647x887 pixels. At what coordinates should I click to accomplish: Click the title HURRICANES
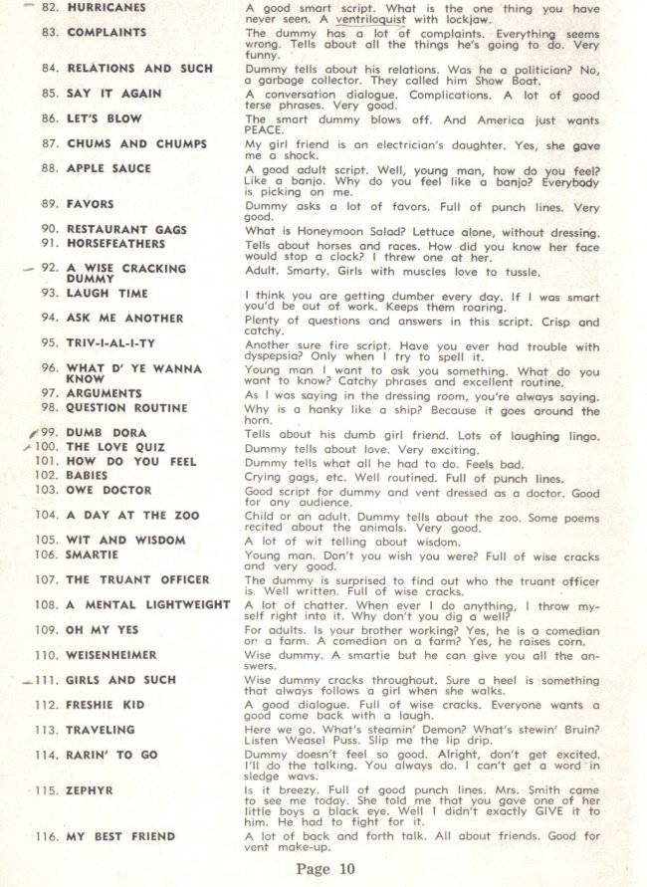click(x=106, y=8)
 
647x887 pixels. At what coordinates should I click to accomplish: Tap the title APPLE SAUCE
click(x=108, y=169)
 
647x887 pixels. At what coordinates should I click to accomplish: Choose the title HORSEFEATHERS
click(x=115, y=243)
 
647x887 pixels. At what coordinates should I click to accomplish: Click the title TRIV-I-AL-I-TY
click(x=110, y=342)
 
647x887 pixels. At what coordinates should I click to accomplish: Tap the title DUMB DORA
click(x=106, y=433)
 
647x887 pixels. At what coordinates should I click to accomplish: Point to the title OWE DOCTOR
click(x=108, y=490)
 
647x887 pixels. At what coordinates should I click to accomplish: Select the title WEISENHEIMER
click(x=111, y=655)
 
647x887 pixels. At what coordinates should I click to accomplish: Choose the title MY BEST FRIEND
click(x=120, y=837)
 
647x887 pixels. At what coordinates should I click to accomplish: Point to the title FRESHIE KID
click(x=106, y=705)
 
